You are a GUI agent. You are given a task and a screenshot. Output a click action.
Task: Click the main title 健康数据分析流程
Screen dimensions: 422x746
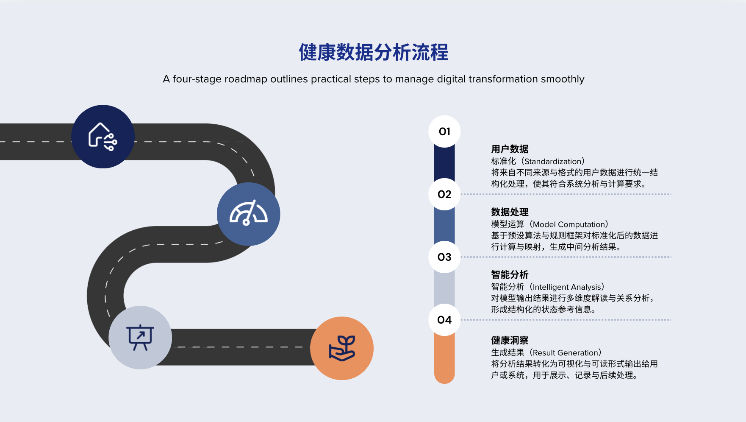click(373, 53)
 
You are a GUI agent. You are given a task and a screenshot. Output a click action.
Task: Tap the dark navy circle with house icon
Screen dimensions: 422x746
click(103, 137)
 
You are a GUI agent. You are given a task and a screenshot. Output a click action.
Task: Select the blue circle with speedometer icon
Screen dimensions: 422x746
click(248, 214)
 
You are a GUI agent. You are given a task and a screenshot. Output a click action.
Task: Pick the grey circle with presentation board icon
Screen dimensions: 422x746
click(140, 338)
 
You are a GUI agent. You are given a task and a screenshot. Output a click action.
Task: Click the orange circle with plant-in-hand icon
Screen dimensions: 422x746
click(342, 348)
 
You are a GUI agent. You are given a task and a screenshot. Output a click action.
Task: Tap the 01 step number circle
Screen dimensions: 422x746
click(444, 131)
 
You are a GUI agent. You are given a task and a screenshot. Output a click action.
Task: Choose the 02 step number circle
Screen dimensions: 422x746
click(444, 194)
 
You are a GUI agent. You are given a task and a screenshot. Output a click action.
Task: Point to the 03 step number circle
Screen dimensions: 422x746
click(444, 257)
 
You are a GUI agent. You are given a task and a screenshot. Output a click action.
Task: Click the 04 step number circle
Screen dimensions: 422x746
click(444, 320)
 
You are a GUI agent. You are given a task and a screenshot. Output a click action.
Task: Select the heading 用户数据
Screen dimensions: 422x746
click(510, 149)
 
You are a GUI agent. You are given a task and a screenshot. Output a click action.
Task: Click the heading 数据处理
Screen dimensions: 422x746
click(510, 212)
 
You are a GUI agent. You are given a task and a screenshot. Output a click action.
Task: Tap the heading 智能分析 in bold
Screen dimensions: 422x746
click(510, 275)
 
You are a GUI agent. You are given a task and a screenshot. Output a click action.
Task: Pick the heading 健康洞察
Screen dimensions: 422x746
click(510, 341)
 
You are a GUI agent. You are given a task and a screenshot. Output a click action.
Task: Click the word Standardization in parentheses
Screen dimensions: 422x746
click(553, 162)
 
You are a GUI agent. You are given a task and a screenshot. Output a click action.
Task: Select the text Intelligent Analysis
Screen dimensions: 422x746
click(567, 287)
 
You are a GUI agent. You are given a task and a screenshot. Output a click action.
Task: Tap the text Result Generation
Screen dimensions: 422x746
click(566, 353)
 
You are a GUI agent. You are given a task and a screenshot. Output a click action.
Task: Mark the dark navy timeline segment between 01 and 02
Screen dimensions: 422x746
click(444, 163)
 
